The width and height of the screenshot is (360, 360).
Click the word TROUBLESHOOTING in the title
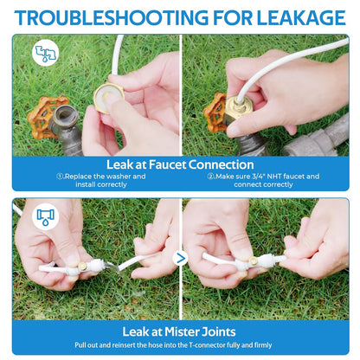[111, 17]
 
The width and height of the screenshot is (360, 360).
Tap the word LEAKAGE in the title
[301, 17]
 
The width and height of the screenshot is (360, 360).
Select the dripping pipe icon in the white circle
[45, 216]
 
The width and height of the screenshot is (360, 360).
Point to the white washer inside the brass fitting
[107, 97]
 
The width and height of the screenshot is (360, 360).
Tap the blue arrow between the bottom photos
[181, 258]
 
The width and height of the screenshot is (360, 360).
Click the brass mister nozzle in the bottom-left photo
[82, 266]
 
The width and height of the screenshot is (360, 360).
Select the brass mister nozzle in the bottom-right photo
[254, 260]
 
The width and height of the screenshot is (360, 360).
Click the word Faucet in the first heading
[167, 164]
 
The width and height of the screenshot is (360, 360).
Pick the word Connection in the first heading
[222, 164]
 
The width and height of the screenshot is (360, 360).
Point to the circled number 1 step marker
[60, 177]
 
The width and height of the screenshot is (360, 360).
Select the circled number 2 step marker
[210, 177]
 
